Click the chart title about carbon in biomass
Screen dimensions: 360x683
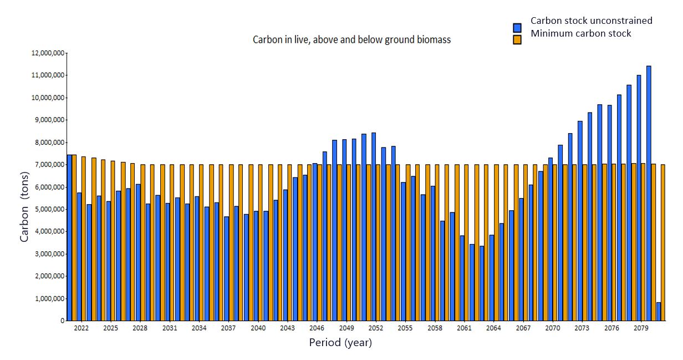click(x=351, y=40)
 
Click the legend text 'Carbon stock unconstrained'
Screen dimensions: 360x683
click(x=591, y=21)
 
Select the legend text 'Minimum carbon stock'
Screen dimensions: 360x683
click(x=580, y=33)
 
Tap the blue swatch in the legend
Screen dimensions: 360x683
click(x=517, y=27)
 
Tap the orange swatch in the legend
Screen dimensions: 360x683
click(x=517, y=39)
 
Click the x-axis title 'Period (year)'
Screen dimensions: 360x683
click(x=340, y=343)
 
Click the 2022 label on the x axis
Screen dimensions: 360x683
click(x=81, y=328)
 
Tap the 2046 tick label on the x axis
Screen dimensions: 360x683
click(x=317, y=328)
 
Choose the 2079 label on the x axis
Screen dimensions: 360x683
click(x=641, y=328)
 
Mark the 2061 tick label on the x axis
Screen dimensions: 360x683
click(x=464, y=328)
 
